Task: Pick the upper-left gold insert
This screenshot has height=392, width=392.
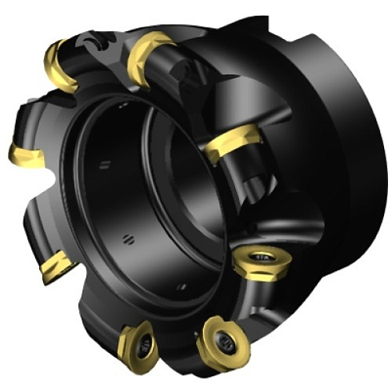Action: (61, 64)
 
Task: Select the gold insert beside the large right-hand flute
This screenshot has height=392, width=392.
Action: (232, 144)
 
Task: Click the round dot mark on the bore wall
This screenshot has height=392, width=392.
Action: (126, 238)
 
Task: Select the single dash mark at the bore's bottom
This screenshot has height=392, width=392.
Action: (182, 286)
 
